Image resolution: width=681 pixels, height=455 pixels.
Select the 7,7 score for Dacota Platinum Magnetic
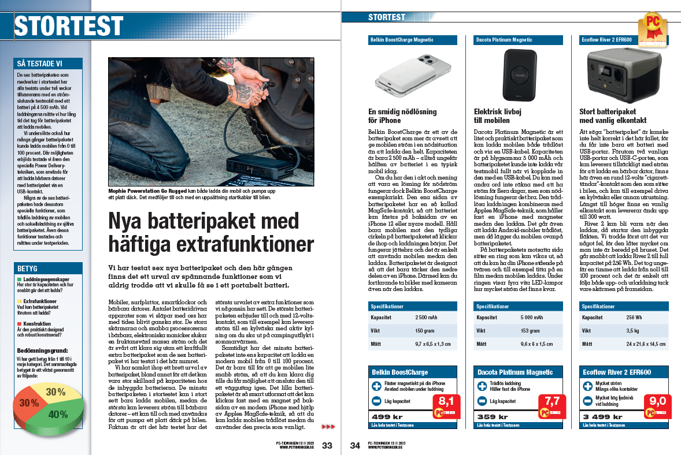point(549,401)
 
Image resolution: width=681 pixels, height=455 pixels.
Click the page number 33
point(327,445)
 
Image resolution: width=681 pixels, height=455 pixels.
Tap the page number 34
point(355,445)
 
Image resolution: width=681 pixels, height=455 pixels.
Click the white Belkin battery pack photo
point(412,73)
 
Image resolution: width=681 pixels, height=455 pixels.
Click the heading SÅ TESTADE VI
point(40,64)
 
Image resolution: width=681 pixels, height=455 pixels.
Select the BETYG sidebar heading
point(28,268)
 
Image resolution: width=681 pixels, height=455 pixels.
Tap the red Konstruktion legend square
point(20,324)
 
